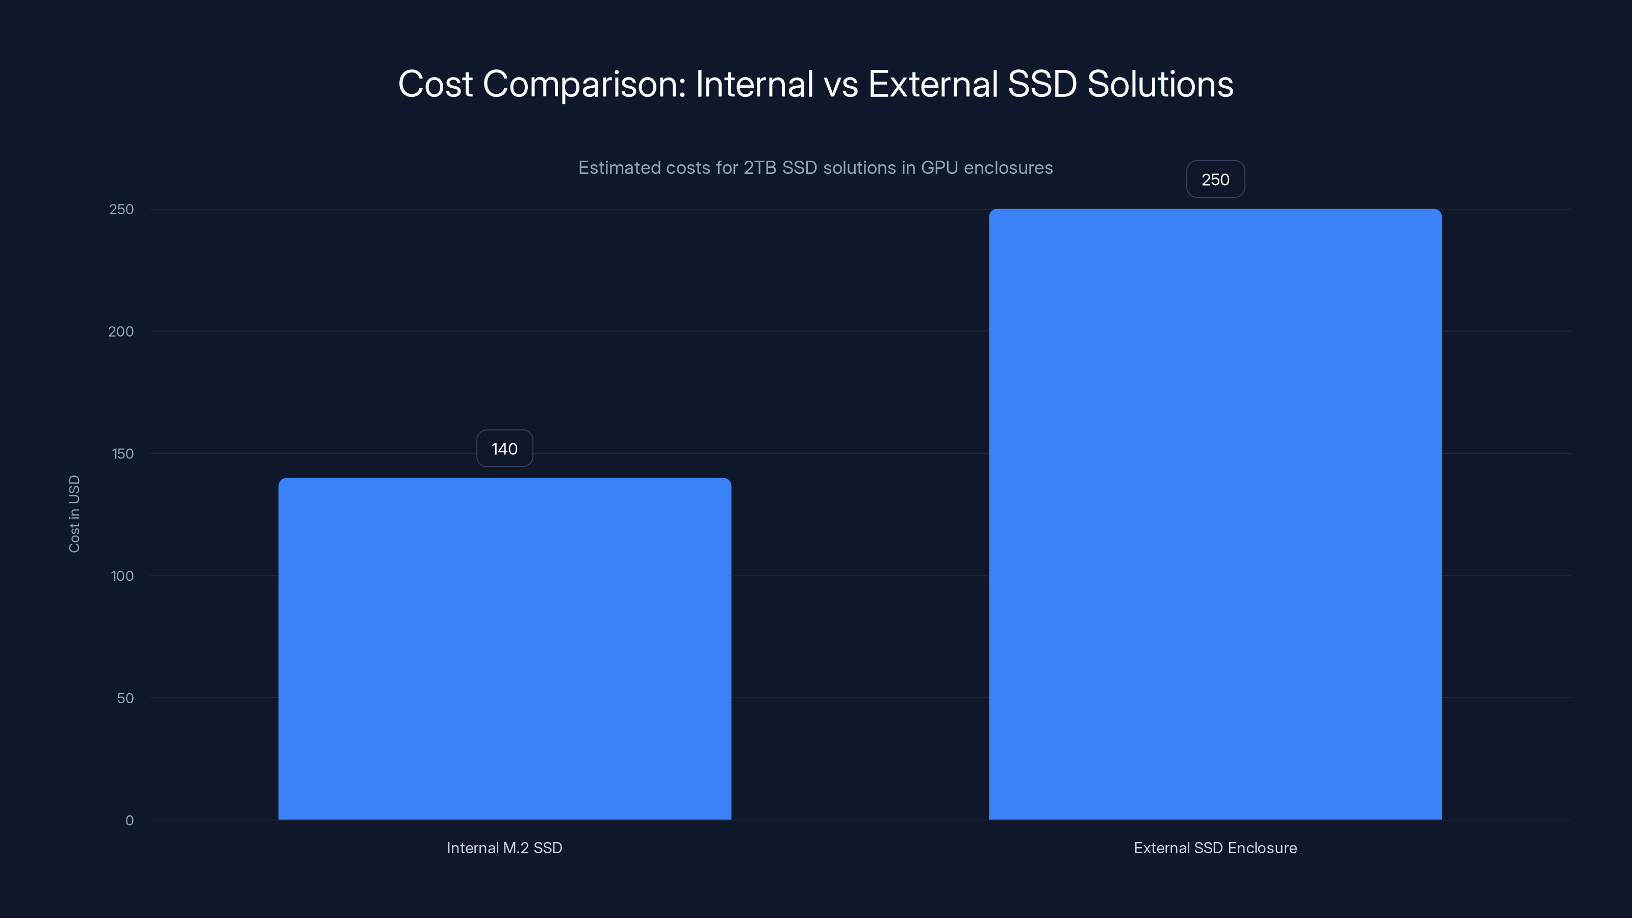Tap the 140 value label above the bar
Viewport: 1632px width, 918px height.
(x=504, y=449)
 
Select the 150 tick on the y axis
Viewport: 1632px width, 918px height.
(x=122, y=453)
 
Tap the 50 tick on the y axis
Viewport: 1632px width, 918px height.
(x=125, y=698)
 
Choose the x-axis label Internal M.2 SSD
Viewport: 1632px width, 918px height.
(x=504, y=848)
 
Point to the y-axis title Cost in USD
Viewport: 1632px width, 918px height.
(x=74, y=514)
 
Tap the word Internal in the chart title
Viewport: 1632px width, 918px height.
(x=754, y=84)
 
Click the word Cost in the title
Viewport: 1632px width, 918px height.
(x=435, y=84)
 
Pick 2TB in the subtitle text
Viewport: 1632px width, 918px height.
(x=759, y=168)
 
